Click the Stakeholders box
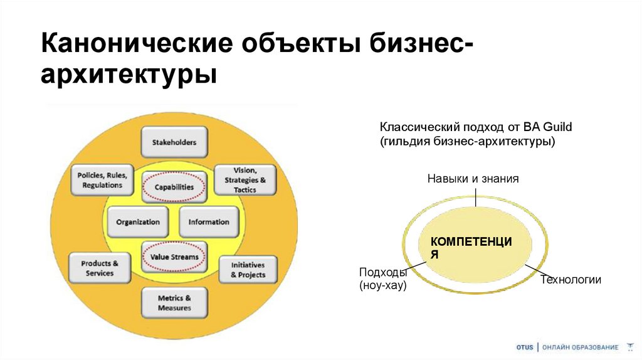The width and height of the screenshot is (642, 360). (x=174, y=142)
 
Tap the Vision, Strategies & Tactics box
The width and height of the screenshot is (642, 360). (x=245, y=180)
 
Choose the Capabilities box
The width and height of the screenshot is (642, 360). (x=174, y=187)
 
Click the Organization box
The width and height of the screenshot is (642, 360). (x=137, y=222)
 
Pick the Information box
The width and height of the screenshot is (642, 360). (x=209, y=222)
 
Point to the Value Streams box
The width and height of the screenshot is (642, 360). (x=174, y=257)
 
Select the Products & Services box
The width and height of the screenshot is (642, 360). (x=100, y=268)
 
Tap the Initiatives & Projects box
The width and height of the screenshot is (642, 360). (x=248, y=270)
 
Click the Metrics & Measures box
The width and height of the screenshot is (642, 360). (x=174, y=303)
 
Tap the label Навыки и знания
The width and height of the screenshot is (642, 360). (x=473, y=179)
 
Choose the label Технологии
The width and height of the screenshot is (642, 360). (x=571, y=280)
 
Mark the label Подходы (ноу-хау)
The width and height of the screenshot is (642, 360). (x=383, y=279)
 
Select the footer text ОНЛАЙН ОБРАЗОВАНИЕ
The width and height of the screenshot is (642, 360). (x=580, y=347)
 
